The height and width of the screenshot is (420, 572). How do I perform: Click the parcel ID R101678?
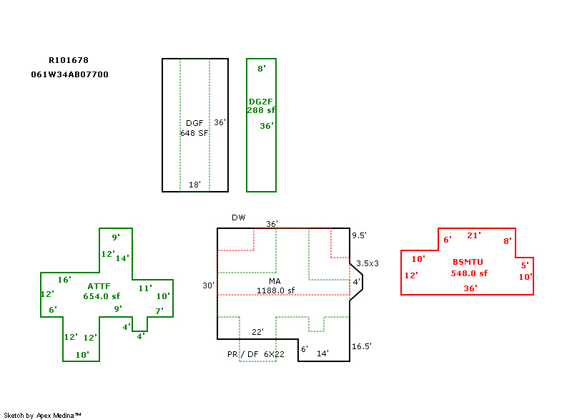(x=69, y=60)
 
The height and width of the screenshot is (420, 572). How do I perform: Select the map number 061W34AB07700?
(x=70, y=74)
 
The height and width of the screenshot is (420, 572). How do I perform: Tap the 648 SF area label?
(x=194, y=133)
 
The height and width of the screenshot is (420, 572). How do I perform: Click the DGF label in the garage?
(x=194, y=123)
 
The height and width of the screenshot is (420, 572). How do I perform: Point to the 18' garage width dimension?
(x=194, y=185)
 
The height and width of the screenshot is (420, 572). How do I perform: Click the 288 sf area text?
(x=262, y=110)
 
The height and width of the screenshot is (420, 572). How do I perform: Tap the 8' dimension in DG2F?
(x=262, y=69)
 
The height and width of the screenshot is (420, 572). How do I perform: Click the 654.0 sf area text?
(x=102, y=296)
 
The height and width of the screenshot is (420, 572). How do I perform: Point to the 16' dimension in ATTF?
(x=64, y=280)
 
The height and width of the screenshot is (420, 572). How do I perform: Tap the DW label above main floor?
(x=238, y=218)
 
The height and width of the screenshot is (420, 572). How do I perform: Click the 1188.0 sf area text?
(x=276, y=290)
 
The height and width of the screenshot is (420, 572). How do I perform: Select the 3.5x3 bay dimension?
(x=368, y=263)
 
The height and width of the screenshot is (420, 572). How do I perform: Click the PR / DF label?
(x=242, y=354)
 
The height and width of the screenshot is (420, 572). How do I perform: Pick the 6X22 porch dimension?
(x=275, y=354)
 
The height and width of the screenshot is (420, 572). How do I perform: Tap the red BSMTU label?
(x=468, y=263)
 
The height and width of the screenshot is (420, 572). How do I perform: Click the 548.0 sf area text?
(x=469, y=273)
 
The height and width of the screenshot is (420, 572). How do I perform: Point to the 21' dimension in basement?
(x=474, y=235)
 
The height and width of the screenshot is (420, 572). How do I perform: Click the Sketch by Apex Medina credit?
(x=42, y=415)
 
